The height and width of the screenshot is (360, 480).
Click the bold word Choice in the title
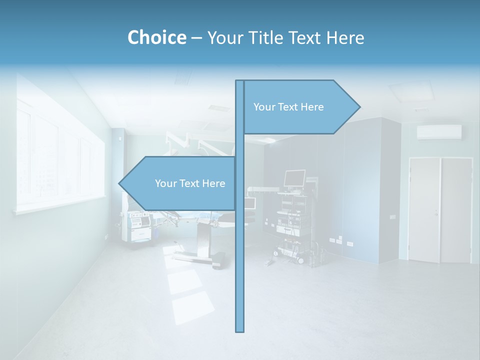coord(156,37)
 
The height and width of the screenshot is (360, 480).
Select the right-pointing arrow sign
coord(300,107)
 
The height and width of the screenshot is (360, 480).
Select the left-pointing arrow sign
coord(180,183)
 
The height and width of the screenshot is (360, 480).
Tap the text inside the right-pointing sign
coord(288,107)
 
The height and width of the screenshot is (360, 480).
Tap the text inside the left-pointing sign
coord(190,183)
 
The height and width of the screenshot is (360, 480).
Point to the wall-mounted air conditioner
coord(439,132)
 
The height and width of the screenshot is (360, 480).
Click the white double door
coord(440,210)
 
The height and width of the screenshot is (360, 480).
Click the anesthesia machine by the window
coord(139,227)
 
